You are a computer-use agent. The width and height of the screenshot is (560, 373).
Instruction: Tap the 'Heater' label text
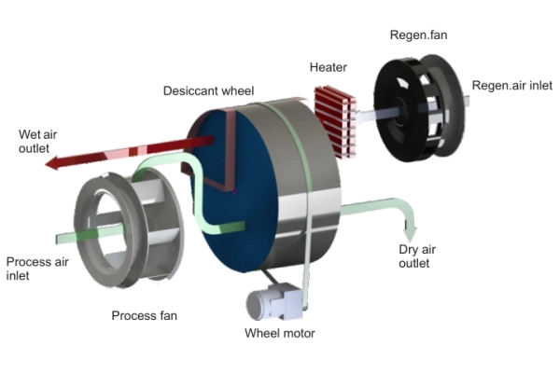tap(328, 68)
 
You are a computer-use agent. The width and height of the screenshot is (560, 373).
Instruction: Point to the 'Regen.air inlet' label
tap(512, 86)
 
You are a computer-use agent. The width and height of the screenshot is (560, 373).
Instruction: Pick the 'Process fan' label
tap(144, 315)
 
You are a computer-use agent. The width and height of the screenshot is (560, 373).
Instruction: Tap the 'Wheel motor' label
tap(280, 333)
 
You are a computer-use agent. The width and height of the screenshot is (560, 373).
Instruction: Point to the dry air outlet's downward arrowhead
tap(410, 232)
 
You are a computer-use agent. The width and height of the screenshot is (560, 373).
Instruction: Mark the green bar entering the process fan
tap(75, 234)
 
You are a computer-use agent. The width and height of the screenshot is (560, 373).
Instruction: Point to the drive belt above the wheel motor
tap(280, 275)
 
